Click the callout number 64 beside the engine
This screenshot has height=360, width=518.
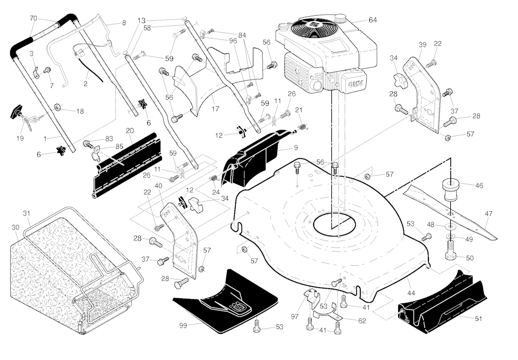click(372, 20)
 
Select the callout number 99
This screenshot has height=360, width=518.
click(183, 325)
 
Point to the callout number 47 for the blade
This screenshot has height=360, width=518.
click(489, 214)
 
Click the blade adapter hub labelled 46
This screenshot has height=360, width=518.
click(450, 190)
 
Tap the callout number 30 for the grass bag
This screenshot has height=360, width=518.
click(15, 227)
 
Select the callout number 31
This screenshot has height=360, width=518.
click(27, 214)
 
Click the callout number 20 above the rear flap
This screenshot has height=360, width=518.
click(129, 131)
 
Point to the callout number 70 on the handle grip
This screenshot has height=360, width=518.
click(33, 18)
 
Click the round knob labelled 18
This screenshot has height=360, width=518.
click(58, 107)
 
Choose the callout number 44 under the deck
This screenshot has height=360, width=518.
click(411, 293)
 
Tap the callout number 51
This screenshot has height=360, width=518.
click(478, 318)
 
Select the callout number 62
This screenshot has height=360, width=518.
click(362, 320)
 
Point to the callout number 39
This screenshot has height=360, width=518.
click(422, 45)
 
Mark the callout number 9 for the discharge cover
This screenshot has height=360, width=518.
click(295, 147)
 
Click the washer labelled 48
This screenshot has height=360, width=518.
click(450, 227)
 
